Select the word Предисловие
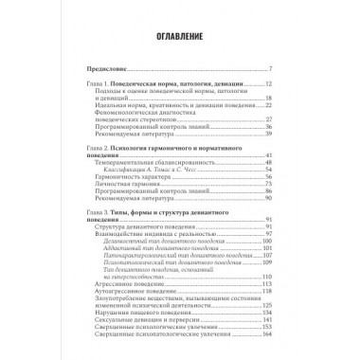(x=104, y=70)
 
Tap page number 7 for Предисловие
(x=271, y=70)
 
